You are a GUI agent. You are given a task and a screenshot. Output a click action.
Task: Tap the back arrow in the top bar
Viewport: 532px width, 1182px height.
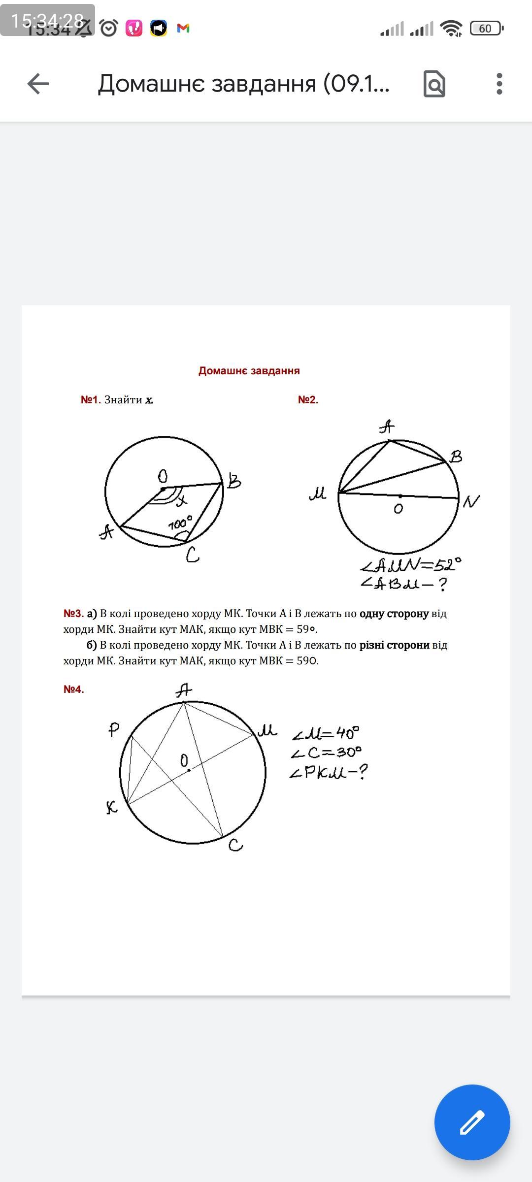[38, 84]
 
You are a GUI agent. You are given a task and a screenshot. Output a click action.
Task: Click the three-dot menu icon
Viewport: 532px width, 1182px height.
[499, 84]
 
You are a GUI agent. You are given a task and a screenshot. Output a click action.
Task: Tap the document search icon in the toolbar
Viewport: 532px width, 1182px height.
[434, 84]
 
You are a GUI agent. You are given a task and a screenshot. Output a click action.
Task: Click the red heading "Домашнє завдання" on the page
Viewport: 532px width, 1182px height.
[249, 371]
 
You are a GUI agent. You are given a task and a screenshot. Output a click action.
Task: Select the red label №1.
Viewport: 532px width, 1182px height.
[91, 400]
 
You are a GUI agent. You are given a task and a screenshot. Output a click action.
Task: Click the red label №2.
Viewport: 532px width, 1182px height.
[308, 400]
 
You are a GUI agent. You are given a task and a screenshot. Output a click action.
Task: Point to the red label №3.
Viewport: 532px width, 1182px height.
[73, 614]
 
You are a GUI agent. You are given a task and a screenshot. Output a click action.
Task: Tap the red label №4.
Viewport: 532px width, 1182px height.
[74, 689]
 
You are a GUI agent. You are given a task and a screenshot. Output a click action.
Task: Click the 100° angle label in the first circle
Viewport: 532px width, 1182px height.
[180, 524]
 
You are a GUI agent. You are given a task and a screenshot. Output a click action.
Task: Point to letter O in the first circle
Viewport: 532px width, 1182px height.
[163, 476]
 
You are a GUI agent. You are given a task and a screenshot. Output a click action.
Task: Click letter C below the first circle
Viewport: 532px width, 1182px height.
[192, 556]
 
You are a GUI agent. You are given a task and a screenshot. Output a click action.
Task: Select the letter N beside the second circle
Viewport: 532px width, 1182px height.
[471, 501]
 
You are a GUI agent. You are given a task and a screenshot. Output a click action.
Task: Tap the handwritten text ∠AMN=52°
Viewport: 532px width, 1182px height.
[411, 565]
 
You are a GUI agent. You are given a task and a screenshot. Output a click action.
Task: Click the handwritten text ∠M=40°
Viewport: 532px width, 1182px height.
[326, 734]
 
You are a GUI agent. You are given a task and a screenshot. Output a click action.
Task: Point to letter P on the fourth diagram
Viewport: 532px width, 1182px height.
[114, 730]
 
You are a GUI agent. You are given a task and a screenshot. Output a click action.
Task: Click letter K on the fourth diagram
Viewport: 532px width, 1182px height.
[112, 807]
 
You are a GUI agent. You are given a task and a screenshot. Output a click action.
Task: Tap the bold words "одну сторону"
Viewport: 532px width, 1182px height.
[394, 614]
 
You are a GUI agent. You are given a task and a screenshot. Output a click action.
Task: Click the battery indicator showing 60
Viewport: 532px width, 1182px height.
[486, 29]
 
